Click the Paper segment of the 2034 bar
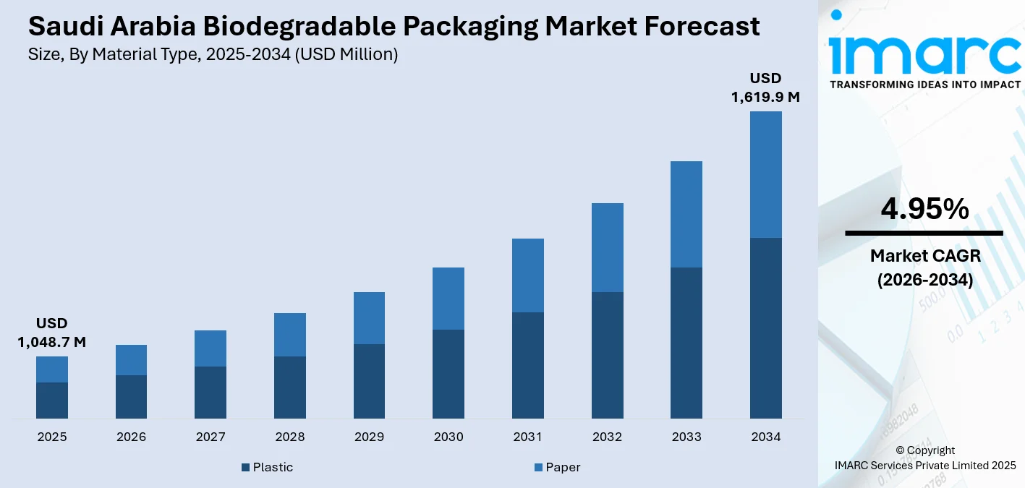(765, 174)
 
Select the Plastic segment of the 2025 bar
(52, 400)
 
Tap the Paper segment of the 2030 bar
(448, 299)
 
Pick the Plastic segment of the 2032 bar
(608, 355)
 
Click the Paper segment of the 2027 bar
(210, 348)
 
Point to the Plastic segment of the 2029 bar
(369, 381)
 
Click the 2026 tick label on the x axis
(131, 437)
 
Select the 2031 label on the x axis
(528, 437)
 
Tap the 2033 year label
(686, 437)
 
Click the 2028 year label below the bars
(290, 437)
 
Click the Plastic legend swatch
(246, 468)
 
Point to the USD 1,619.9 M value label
(765, 87)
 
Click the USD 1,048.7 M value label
(52, 333)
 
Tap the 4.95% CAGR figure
(924, 209)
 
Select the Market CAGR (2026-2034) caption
(924, 267)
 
